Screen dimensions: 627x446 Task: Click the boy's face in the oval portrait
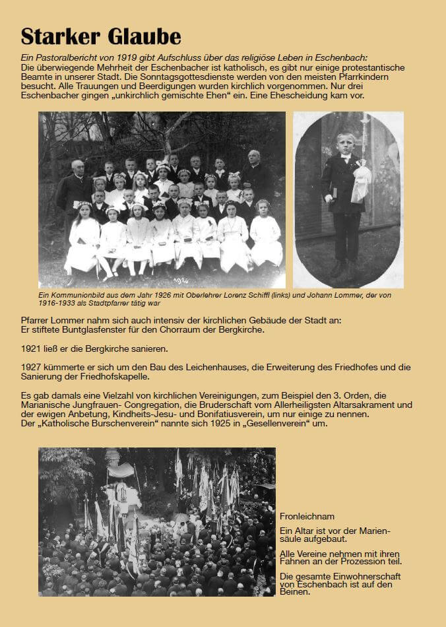click(345, 143)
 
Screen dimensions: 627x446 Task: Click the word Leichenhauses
click(200, 367)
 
